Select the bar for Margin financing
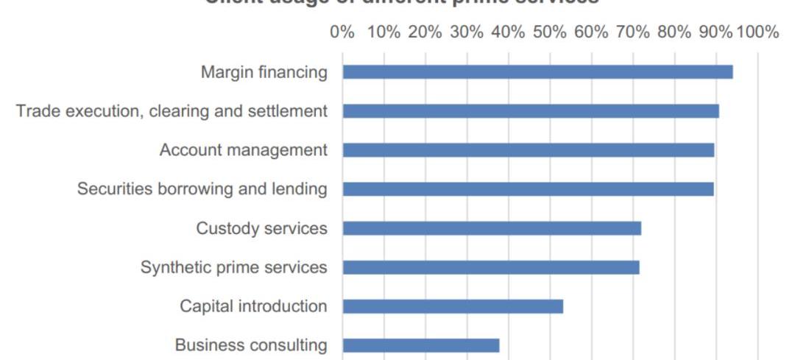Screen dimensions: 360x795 point(537,72)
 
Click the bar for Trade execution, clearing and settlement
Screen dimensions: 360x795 point(531,111)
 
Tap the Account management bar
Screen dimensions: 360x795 point(529,150)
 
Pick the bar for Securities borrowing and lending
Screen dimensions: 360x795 point(528,189)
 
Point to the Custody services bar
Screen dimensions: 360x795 point(492,228)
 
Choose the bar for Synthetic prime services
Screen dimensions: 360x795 point(491,267)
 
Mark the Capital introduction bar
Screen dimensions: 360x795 point(453,306)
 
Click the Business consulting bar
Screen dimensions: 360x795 point(421,345)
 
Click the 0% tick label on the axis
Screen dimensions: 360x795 point(343,32)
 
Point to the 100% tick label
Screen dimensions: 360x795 point(757,32)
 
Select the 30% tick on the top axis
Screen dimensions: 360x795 point(467,32)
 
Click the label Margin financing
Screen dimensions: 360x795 point(264,73)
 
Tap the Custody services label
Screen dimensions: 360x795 point(261,229)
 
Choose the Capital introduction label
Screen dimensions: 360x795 point(253,306)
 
